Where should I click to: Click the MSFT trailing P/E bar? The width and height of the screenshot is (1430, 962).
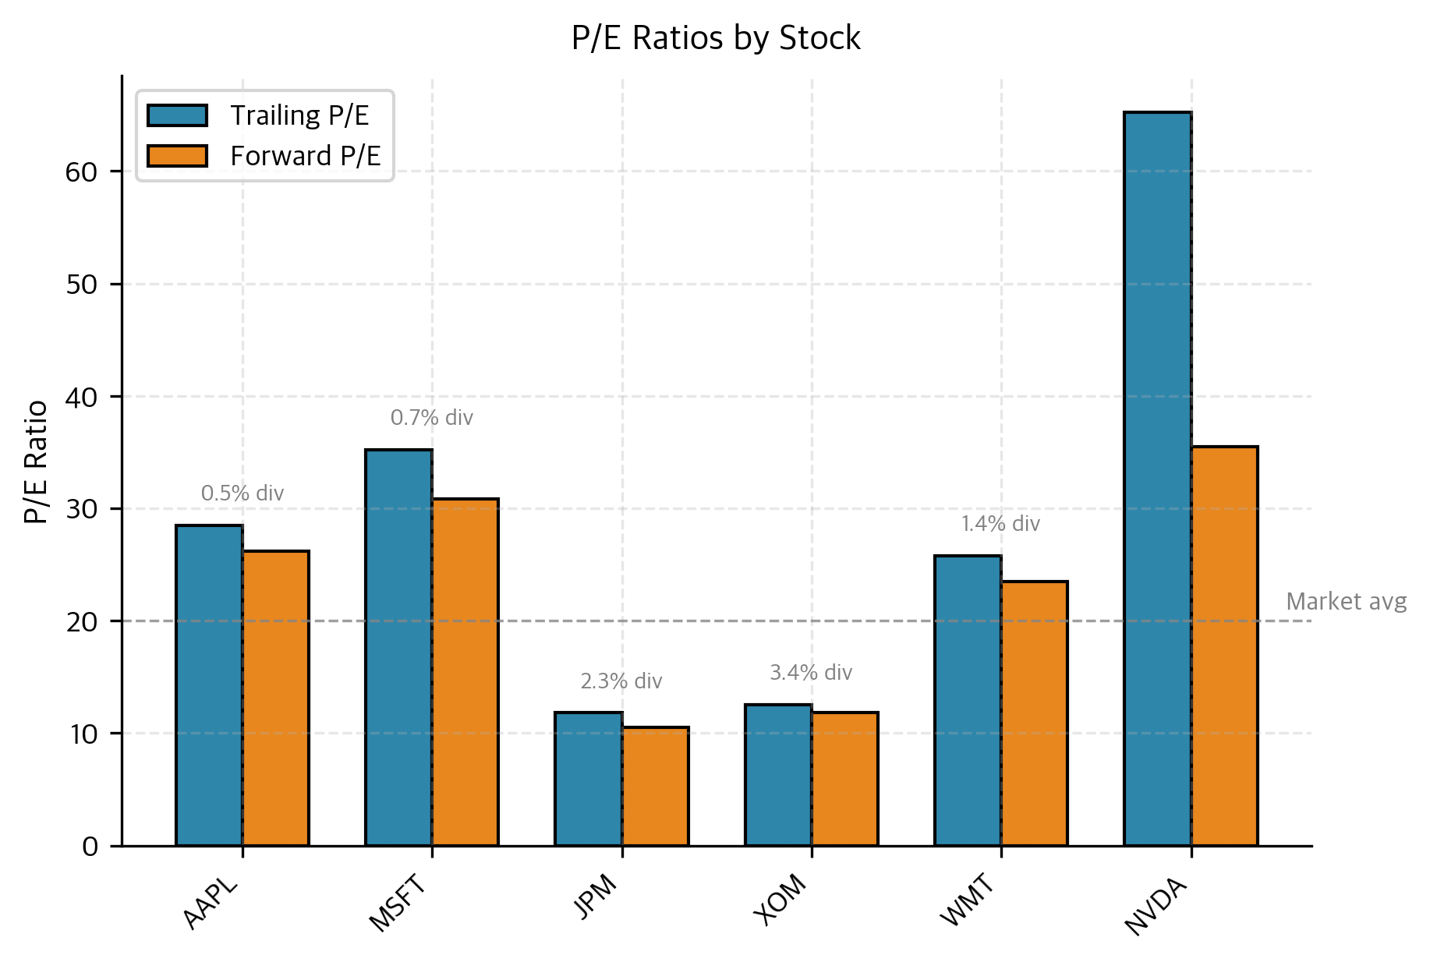398,647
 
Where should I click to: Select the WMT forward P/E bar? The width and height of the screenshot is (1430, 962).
1034,713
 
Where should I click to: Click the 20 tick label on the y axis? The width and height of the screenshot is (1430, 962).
81,622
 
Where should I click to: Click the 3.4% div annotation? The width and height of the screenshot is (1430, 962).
811,672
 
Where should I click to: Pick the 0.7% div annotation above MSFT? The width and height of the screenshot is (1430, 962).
431,418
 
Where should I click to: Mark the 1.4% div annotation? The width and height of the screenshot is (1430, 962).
1000,524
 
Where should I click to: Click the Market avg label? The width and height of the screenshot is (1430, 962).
1346,602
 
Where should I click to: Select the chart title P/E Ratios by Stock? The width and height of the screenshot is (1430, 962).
715,38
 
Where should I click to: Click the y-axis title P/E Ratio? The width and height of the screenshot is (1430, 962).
36,462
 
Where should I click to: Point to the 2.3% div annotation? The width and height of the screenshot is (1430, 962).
621,681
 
